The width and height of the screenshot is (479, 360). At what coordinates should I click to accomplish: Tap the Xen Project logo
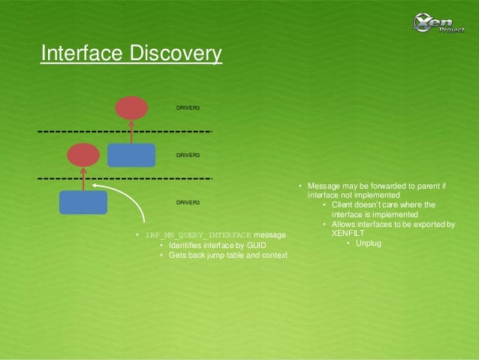440,22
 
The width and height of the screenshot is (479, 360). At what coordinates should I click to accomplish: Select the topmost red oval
131,107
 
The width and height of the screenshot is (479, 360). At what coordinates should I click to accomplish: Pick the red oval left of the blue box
83,155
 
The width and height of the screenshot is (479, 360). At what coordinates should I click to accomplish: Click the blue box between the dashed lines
131,155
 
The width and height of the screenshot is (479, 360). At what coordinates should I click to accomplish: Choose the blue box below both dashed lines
83,202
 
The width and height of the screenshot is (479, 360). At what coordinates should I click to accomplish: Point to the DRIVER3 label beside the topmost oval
188,108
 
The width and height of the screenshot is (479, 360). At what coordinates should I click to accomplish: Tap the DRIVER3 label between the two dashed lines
188,155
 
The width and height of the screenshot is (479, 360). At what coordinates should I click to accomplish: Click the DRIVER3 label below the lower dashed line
188,203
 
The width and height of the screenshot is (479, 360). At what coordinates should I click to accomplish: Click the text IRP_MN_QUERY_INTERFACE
198,236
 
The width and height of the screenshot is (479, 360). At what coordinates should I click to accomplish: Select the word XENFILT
348,233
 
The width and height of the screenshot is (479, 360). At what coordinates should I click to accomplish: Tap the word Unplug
369,243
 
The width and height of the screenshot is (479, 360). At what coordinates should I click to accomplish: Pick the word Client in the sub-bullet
345,204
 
